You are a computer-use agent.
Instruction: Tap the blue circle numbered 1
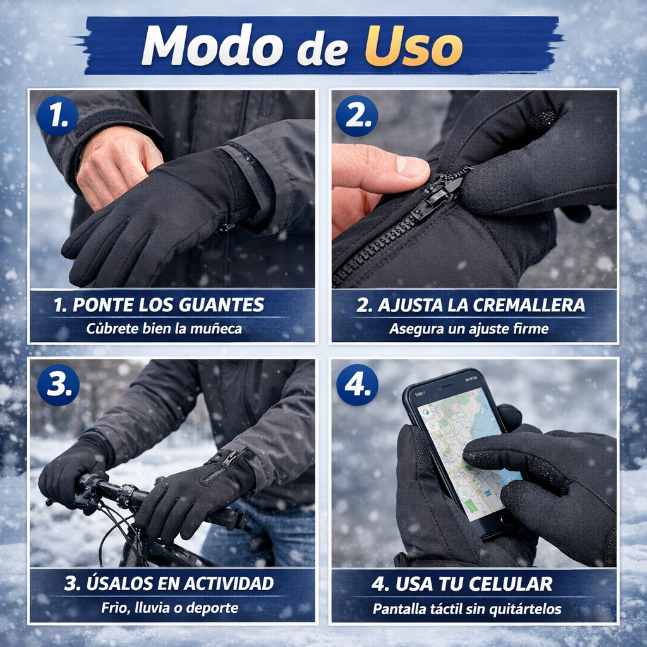57,116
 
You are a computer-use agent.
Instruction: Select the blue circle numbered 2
357,116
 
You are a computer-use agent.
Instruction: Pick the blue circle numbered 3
58,385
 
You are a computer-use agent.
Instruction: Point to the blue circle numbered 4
357,385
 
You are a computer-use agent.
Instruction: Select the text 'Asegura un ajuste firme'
469,329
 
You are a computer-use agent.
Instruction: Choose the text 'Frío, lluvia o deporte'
170,608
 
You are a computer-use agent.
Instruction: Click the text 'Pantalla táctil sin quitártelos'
467,609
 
